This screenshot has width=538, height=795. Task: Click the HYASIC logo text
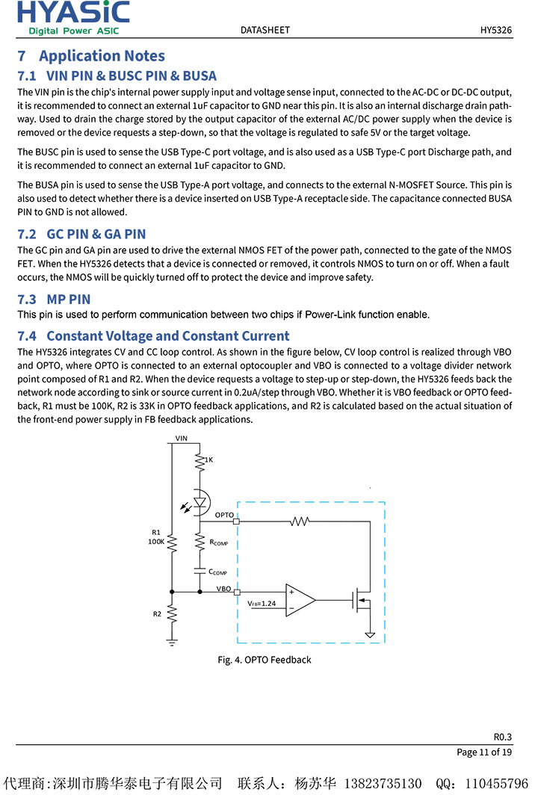click(73, 13)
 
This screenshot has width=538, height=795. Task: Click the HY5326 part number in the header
click(495, 30)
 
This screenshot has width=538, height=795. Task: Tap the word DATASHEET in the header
click(265, 30)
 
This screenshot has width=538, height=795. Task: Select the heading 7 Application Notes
click(91, 56)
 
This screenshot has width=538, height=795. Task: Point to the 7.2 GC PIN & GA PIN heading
click(81, 234)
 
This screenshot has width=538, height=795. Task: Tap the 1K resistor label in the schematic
click(208, 460)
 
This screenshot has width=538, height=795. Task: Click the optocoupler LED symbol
click(200, 502)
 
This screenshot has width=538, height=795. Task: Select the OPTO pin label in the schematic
click(224, 515)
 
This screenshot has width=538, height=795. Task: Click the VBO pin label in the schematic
click(224, 588)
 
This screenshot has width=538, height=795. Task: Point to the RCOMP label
click(219, 542)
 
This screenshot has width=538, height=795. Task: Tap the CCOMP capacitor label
click(217, 572)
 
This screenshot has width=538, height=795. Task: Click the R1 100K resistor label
click(156, 536)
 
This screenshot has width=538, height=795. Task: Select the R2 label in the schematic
click(157, 613)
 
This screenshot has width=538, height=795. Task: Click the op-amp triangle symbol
click(299, 599)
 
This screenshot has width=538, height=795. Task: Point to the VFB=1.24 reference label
click(262, 603)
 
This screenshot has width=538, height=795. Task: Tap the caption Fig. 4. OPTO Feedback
click(265, 660)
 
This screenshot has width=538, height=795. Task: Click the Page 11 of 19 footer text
click(484, 752)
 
